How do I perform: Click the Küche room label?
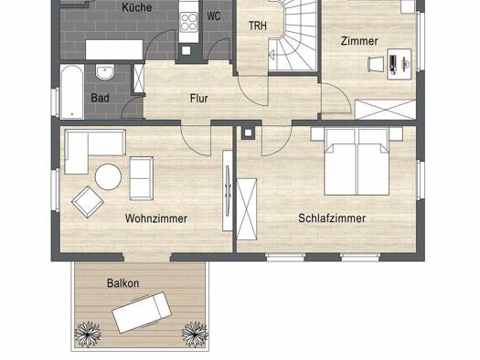tap(137, 7)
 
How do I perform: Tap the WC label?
tap(213, 16)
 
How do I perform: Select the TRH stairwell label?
tap(258, 26)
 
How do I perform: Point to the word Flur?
tap(199, 98)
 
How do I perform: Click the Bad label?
tap(100, 98)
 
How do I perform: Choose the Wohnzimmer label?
tap(156, 218)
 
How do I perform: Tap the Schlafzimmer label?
tap(332, 218)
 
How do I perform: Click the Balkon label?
tap(123, 283)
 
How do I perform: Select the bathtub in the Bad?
tap(72, 91)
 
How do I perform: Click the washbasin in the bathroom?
tap(105, 72)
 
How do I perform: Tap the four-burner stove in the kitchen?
tap(188, 22)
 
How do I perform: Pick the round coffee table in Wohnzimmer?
tap(108, 176)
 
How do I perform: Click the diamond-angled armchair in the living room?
tap(88, 202)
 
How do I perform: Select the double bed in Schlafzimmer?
tap(357, 162)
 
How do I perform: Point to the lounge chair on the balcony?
tap(142, 312)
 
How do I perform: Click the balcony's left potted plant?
tap(88, 334)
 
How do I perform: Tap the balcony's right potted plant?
tap(196, 334)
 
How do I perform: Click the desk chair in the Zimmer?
tap(376, 64)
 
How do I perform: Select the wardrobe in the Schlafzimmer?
tap(247, 209)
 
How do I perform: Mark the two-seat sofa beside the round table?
tap(141, 178)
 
